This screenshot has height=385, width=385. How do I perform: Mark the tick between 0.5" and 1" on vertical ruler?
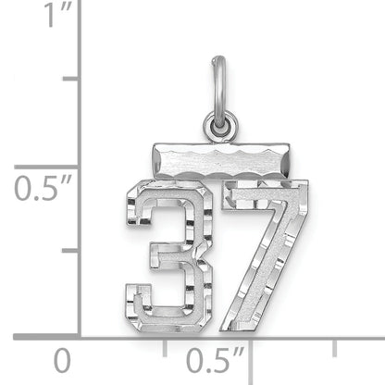tap(70, 80)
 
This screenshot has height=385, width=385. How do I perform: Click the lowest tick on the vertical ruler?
tap(70, 251)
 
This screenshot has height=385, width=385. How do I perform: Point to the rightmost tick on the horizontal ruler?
tap(334, 344)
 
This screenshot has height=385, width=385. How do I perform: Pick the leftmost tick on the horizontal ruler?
tap(166, 344)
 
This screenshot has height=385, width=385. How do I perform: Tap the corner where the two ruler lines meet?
tap(80, 335)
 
